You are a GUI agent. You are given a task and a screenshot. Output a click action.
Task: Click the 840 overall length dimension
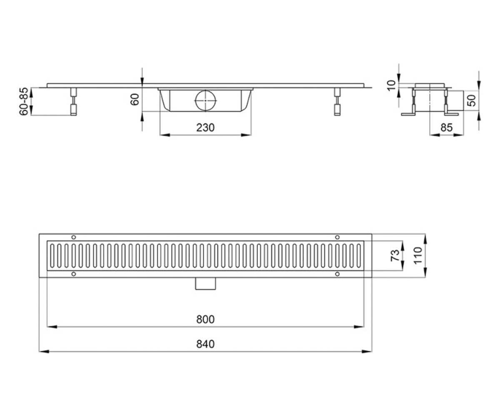(x=205, y=344)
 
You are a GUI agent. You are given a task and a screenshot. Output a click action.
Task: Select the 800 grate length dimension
(x=205, y=319)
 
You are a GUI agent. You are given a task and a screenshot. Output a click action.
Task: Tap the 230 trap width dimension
(x=205, y=128)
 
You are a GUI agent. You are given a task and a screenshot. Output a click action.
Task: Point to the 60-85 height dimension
(x=24, y=102)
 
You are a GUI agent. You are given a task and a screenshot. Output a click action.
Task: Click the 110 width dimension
(x=418, y=256)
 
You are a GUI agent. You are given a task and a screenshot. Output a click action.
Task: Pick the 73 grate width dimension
(x=395, y=256)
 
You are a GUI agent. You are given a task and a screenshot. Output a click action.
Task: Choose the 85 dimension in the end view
(x=447, y=128)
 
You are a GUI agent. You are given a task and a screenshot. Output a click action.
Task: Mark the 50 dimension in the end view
(x=472, y=100)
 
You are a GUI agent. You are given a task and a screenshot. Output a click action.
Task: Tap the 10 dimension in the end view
(x=392, y=85)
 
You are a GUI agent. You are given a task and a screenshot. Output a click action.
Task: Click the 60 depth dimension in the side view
(x=135, y=100)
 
